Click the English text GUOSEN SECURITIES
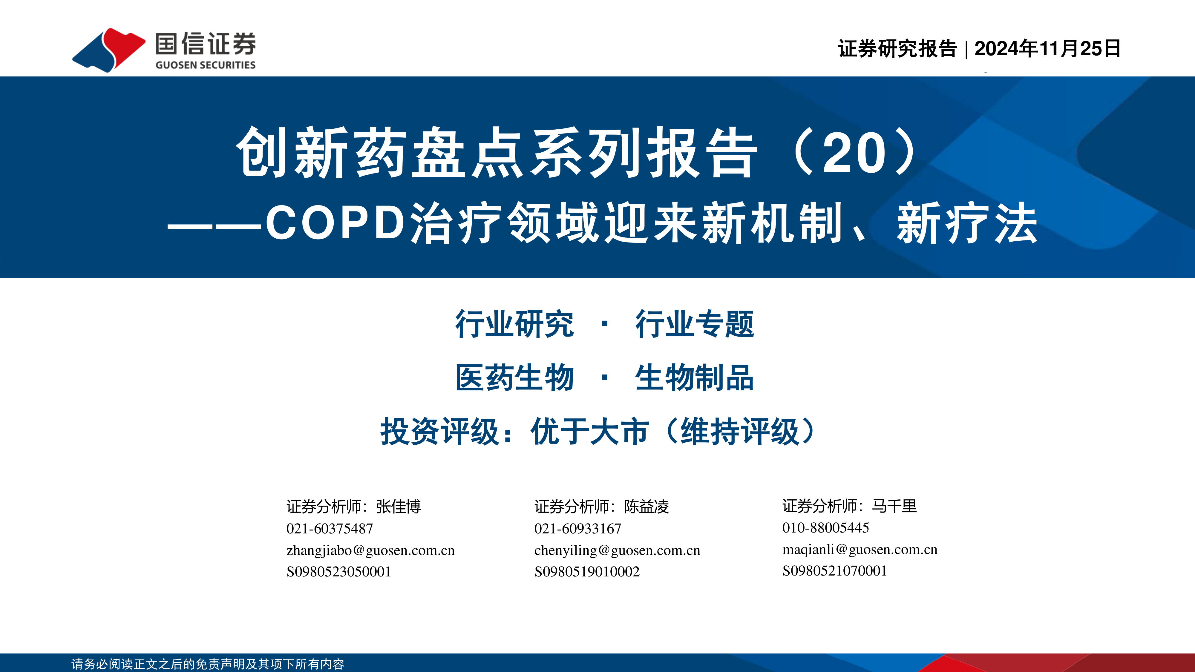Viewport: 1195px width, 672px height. (206, 65)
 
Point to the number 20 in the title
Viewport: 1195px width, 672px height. (854, 153)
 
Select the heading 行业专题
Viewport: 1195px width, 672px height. (695, 324)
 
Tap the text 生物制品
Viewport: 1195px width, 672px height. (695, 378)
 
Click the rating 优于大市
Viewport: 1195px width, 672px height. (590, 431)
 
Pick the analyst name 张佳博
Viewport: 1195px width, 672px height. (399, 507)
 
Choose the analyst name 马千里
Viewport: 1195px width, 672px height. (894, 506)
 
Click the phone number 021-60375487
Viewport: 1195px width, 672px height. (330, 529)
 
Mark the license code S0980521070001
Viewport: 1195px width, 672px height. (834, 570)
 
